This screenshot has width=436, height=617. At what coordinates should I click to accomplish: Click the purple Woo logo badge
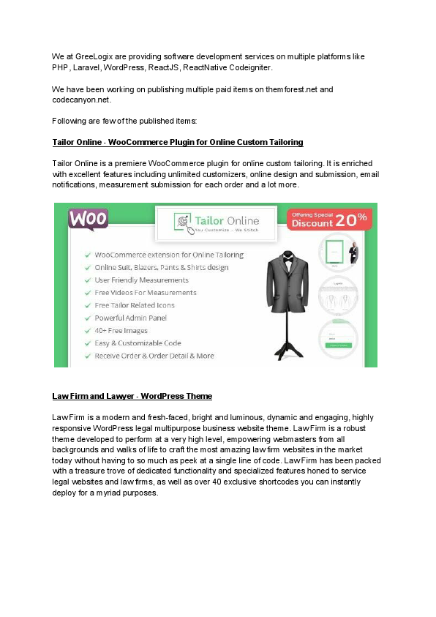click(89, 219)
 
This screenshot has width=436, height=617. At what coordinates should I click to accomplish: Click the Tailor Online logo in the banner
click(216, 223)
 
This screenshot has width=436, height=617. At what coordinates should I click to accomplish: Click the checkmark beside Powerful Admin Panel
click(88, 318)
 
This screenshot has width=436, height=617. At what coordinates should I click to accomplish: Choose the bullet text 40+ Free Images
click(121, 330)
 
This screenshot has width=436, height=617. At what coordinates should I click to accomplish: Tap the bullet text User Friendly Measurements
click(141, 280)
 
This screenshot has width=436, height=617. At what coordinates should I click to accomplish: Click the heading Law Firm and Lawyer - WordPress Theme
click(132, 396)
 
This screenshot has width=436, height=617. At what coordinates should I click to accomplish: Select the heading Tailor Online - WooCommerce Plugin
click(178, 141)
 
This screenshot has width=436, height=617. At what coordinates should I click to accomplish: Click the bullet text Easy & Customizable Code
click(138, 343)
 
